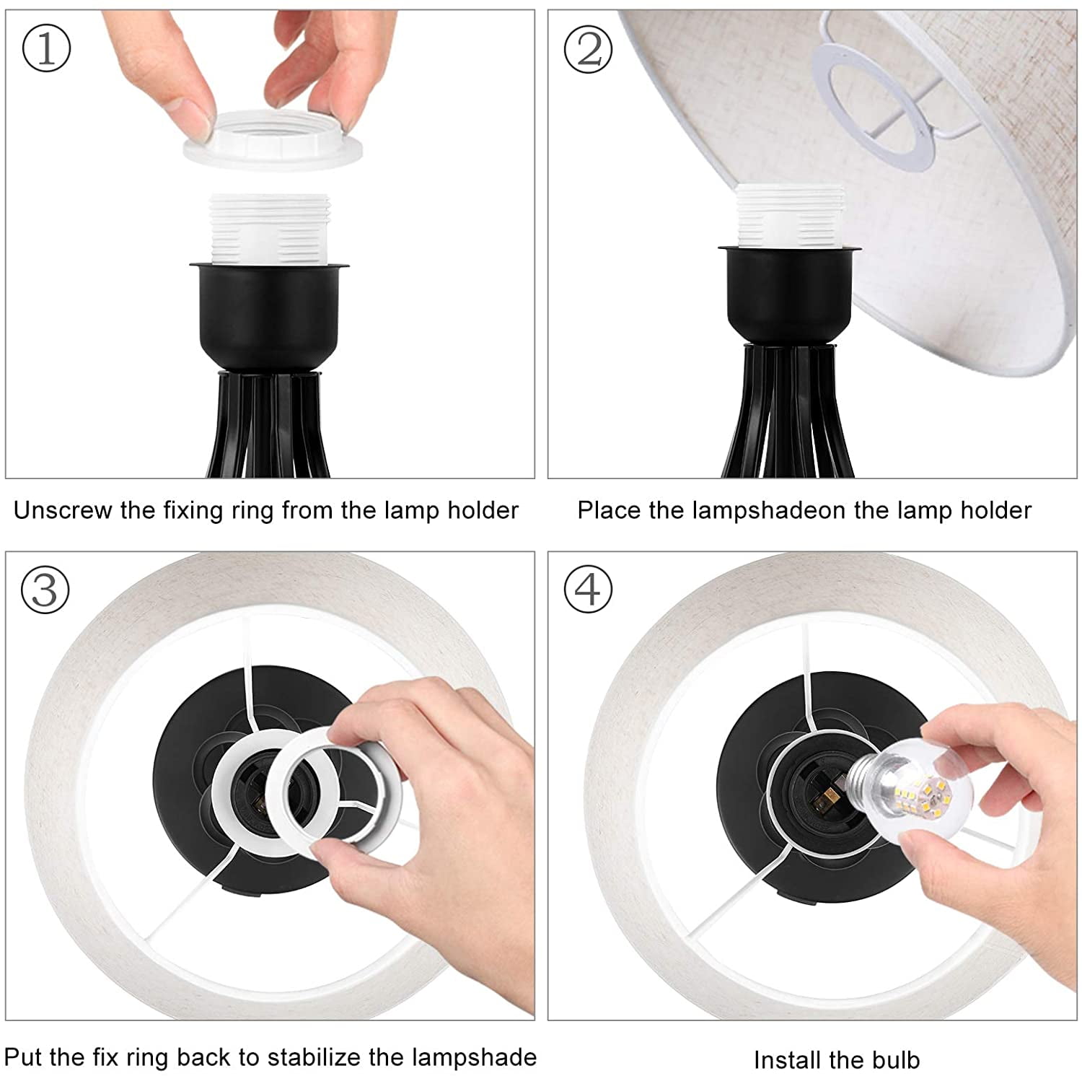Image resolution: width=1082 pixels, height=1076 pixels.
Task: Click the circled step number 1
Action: [47, 49]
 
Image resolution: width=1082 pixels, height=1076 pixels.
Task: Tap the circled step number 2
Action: [588, 49]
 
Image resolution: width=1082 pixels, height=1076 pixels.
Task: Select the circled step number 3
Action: [45, 590]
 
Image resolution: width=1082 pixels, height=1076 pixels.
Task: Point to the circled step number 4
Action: [587, 590]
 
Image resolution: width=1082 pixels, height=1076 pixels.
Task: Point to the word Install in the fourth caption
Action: [787, 1059]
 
